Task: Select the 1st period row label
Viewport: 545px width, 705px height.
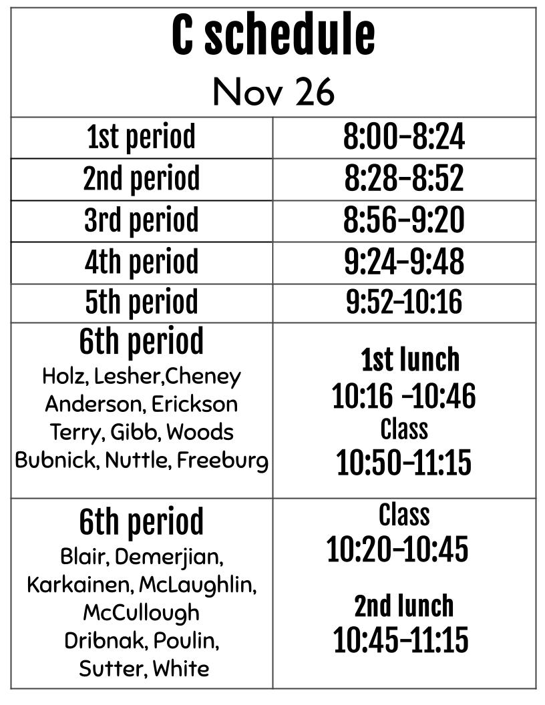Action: pyautogui.click(x=142, y=138)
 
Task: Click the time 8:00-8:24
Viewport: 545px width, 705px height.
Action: pyautogui.click(x=404, y=138)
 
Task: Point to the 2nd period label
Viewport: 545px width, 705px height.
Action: pyautogui.click(x=142, y=179)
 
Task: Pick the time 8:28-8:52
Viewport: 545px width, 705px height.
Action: pyautogui.click(x=404, y=179)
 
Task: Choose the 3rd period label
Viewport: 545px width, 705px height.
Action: pyautogui.click(x=142, y=220)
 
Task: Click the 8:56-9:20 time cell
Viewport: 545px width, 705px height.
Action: pyautogui.click(x=404, y=220)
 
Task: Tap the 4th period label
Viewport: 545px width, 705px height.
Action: pyautogui.click(x=142, y=262)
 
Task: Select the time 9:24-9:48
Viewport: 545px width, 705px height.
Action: pyautogui.click(x=404, y=262)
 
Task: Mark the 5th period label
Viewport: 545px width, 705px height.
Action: pyautogui.click(x=142, y=302)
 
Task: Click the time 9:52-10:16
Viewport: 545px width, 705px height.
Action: pyautogui.click(x=404, y=302)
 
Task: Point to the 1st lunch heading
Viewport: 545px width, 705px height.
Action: pyautogui.click(x=410, y=360)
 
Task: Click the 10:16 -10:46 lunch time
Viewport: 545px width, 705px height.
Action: pyautogui.click(x=404, y=397)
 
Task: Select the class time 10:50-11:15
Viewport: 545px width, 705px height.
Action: pyautogui.click(x=404, y=463)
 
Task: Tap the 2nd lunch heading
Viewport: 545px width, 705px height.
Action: pyautogui.click(x=404, y=606)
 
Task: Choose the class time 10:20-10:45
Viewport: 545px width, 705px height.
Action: pyautogui.click(x=397, y=549)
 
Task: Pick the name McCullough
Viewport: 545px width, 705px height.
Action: pyautogui.click(x=141, y=612)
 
